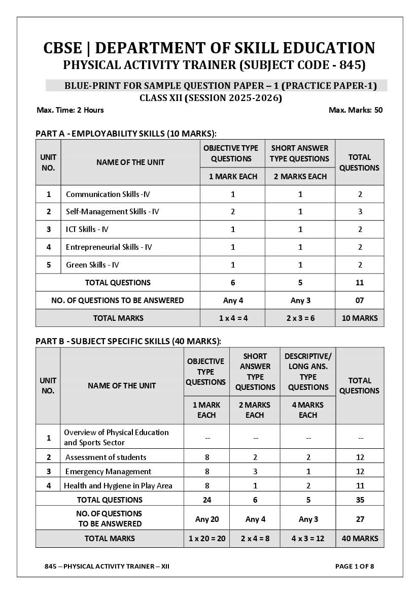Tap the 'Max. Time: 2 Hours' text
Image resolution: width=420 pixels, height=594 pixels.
tap(70, 110)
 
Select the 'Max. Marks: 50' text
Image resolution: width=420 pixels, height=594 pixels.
tap(356, 110)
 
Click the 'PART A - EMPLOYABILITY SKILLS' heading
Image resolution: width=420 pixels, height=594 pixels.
tap(126, 134)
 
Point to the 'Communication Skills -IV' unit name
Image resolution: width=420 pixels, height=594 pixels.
tap(108, 194)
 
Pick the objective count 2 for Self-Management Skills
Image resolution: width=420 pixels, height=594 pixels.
tap(233, 212)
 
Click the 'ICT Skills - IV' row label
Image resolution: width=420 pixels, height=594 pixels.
tap(87, 229)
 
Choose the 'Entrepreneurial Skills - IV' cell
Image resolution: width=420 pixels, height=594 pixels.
tap(109, 247)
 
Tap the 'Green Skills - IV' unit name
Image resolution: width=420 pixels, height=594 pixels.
tap(93, 265)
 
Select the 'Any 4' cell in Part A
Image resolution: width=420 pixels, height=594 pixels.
tap(233, 301)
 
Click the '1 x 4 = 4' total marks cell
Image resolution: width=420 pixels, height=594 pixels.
tap(233, 318)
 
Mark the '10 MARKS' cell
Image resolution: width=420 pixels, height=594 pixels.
tap(359, 318)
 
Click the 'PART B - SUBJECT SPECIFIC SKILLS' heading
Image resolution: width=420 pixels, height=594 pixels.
tap(128, 341)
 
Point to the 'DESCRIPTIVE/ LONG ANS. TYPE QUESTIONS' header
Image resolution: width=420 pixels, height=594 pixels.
tap(308, 372)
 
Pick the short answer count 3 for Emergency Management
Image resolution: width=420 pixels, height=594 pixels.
tap(255, 472)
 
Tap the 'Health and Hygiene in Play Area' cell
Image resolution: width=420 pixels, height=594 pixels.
tap(118, 486)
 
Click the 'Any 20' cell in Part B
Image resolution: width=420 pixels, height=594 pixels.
tap(207, 519)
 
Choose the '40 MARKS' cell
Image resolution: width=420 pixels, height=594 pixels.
tap(360, 539)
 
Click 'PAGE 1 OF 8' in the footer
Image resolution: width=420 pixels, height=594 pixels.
tap(355, 567)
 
